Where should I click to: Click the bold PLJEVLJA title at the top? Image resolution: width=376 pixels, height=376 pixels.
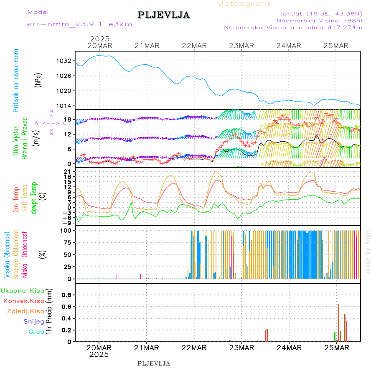[x=163, y=15]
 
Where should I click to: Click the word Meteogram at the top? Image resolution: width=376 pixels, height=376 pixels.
[x=243, y=4]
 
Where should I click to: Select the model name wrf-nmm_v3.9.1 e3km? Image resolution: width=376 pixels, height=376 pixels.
[x=79, y=24]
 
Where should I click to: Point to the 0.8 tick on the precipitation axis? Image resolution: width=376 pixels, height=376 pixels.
[x=66, y=295]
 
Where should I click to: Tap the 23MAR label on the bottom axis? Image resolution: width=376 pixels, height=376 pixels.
[x=242, y=348]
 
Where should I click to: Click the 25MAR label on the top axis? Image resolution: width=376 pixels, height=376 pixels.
[x=337, y=46]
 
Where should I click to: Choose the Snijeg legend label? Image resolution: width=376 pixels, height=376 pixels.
[x=34, y=321]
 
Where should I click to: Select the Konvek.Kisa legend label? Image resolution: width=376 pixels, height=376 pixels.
[x=23, y=301]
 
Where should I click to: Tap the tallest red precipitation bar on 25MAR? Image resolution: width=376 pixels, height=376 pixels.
[x=338, y=323]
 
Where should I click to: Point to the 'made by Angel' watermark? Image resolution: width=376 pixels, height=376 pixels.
[x=368, y=251]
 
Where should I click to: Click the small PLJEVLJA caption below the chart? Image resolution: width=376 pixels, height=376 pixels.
[x=153, y=363]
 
